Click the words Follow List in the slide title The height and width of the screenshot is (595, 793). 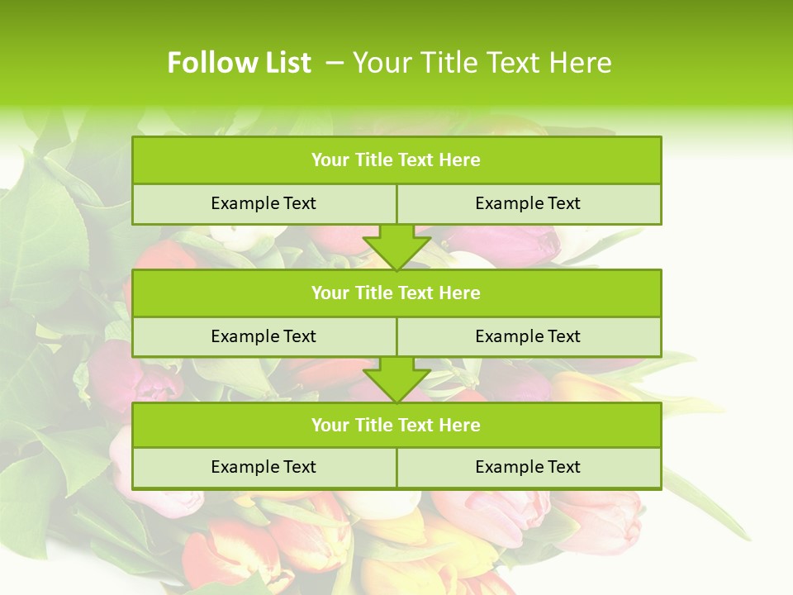239,63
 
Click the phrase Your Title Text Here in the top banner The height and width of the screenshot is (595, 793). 482,63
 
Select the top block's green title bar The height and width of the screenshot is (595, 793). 396,160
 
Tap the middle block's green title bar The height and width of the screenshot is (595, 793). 396,293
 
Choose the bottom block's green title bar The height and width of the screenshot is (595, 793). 396,426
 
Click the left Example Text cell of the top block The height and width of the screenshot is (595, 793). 264,203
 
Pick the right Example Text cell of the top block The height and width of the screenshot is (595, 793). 528,203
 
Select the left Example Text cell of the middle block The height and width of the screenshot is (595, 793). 264,336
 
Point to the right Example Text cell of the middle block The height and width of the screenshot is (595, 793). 528,336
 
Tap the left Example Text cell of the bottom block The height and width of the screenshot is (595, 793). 264,467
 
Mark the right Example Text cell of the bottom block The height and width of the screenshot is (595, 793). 528,467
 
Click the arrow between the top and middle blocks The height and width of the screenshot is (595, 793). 396,246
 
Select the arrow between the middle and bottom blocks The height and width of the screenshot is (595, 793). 396,379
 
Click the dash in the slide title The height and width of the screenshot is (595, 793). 335,63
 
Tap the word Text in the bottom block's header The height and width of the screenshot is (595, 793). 416,426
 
